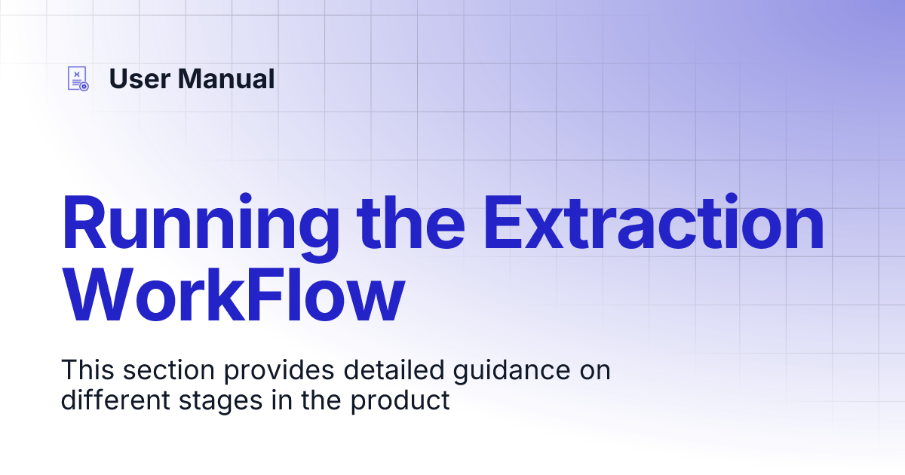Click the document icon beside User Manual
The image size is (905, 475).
pyautogui.click(x=78, y=78)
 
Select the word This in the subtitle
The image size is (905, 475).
pyautogui.click(x=86, y=371)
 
